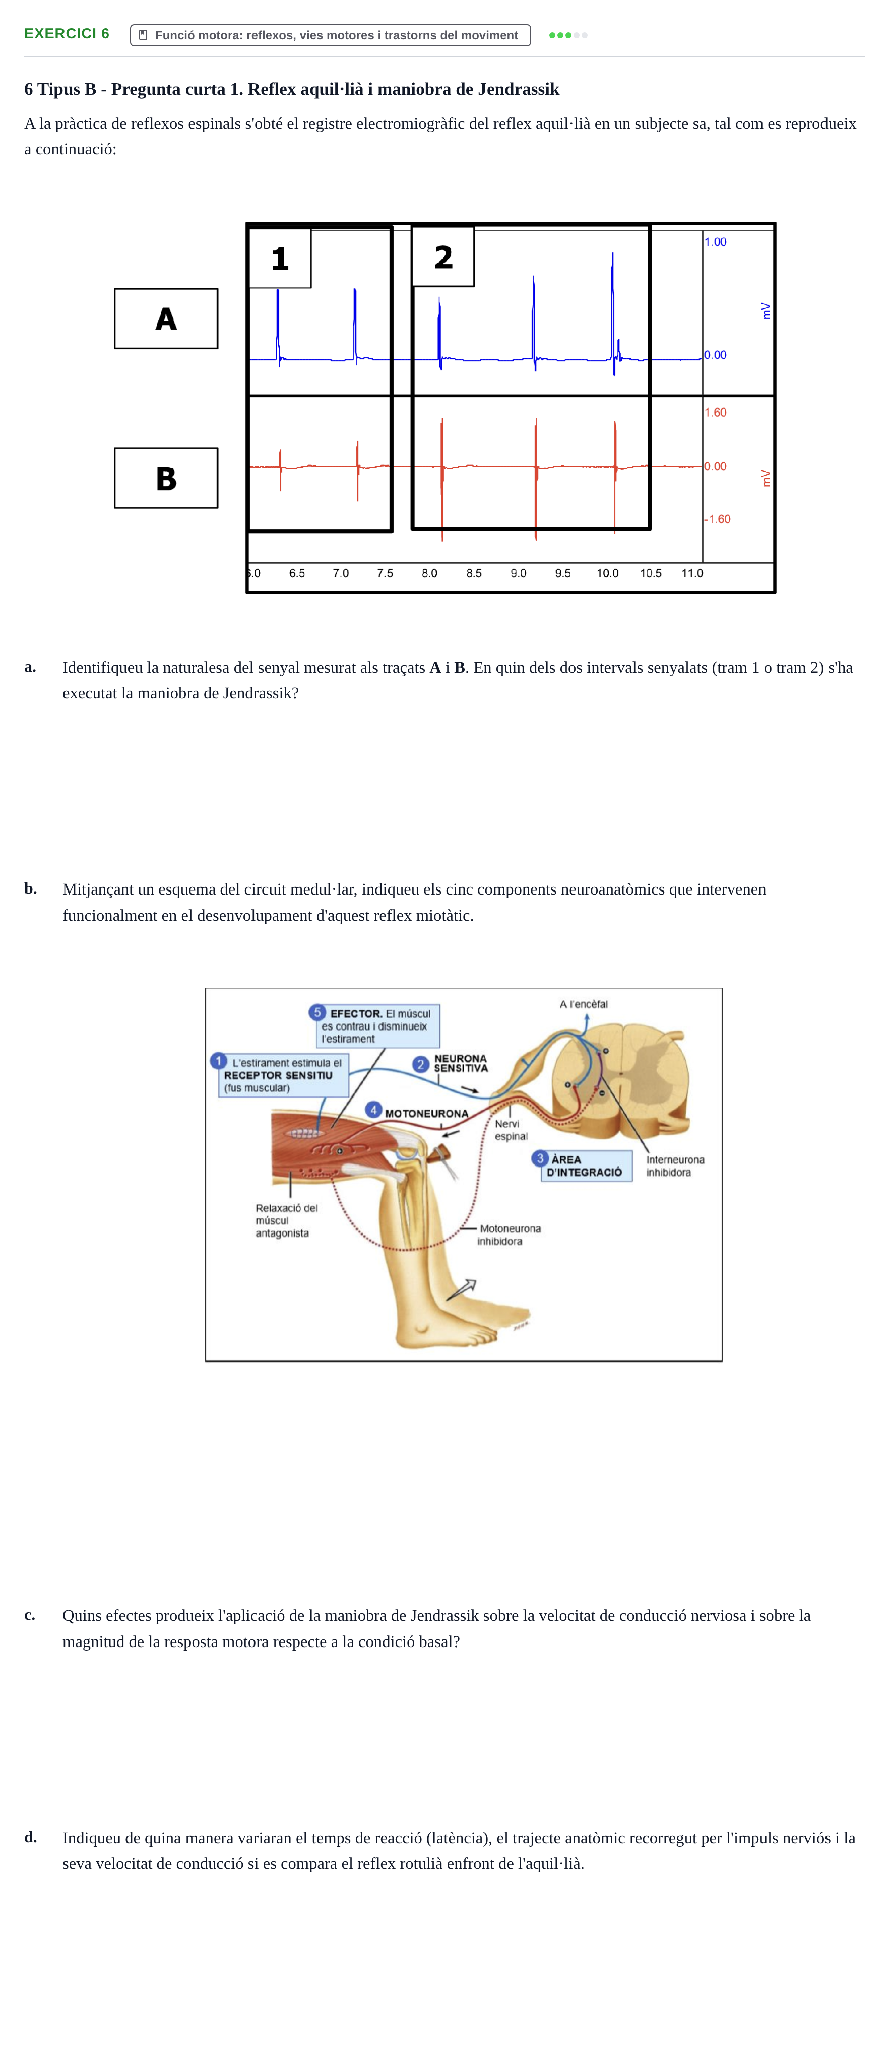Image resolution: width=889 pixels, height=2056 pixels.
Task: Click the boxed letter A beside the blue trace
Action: (166, 318)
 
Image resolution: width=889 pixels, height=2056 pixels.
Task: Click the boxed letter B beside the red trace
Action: (166, 478)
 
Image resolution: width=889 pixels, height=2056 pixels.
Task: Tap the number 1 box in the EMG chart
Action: (280, 258)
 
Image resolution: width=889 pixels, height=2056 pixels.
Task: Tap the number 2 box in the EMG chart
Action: (443, 256)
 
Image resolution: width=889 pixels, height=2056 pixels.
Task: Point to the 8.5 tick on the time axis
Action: (474, 573)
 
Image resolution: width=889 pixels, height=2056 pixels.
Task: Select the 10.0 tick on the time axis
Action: (607, 573)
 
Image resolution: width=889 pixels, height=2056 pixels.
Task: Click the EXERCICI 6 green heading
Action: (67, 34)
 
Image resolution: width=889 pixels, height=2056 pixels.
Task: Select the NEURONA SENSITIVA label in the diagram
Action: (460, 1063)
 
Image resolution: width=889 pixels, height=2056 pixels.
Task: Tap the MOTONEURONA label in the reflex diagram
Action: (426, 1114)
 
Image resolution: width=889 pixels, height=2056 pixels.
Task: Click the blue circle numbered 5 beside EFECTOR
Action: (317, 1013)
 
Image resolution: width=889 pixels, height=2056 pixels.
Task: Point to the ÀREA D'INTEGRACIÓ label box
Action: (586, 1166)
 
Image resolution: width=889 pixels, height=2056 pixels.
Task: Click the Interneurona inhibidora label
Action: (675, 1166)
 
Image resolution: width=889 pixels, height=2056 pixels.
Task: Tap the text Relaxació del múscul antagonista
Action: (286, 1220)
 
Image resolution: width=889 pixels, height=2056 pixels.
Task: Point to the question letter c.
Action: (30, 1615)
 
